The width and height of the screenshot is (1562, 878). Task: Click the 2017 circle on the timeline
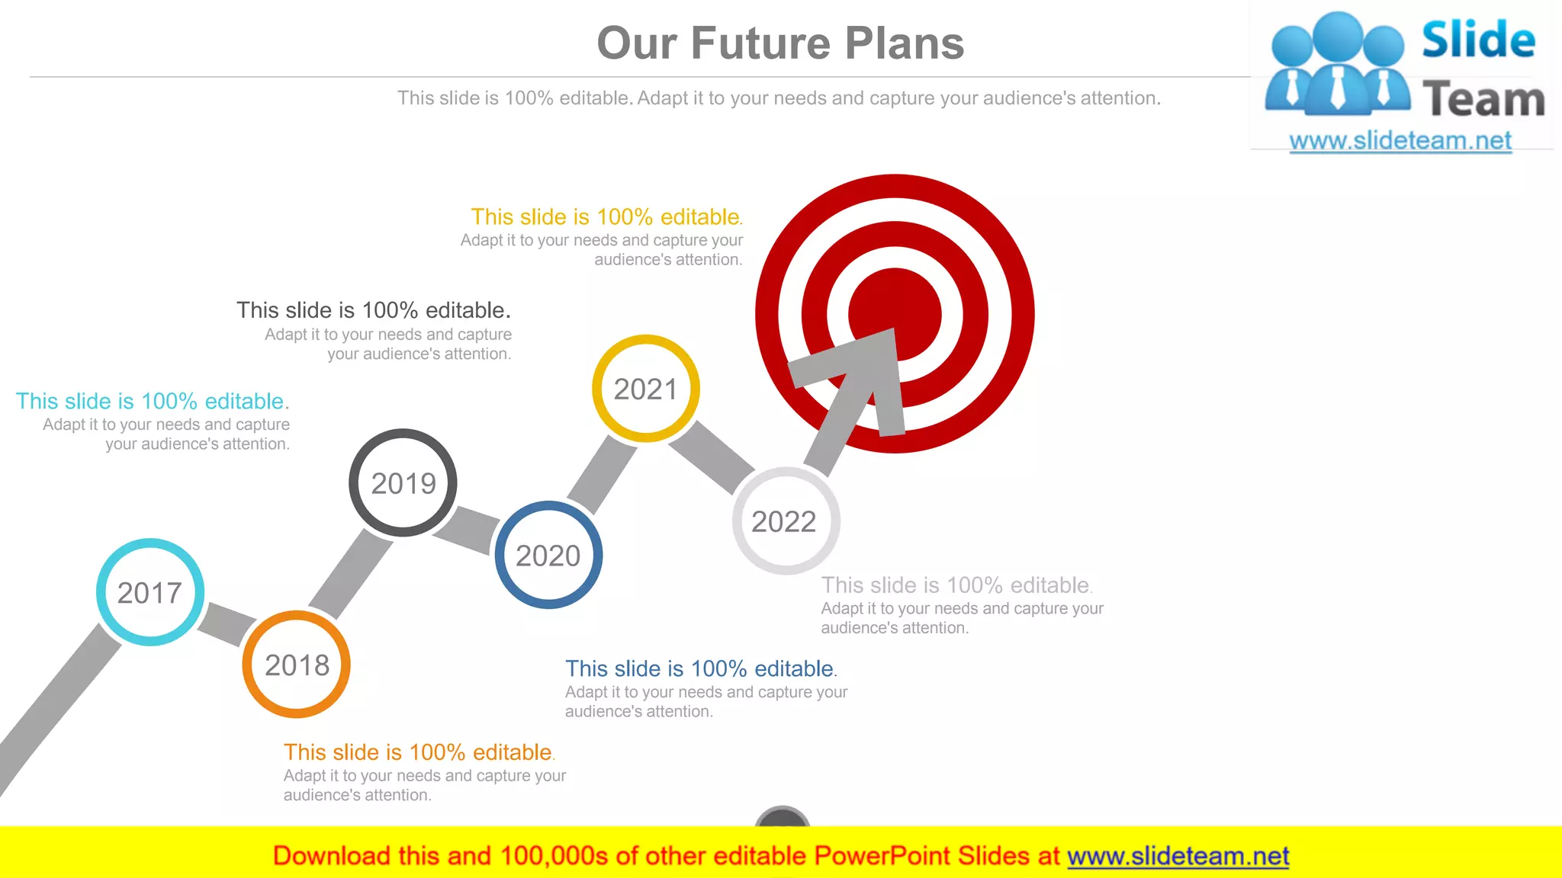pos(150,592)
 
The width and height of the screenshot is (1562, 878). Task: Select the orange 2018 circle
pos(297,665)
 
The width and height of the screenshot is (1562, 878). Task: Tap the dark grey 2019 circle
pos(403,482)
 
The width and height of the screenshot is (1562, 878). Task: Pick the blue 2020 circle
pos(548,555)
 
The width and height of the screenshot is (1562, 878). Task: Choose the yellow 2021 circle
pos(645,389)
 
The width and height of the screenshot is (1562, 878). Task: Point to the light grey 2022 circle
pos(786,521)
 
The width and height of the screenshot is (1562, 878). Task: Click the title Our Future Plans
pos(780,43)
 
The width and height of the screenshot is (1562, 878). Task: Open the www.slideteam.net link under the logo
pos(1400,140)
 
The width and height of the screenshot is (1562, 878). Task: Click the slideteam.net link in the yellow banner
pos(1178,856)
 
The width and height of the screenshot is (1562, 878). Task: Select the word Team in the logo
pos(1483,99)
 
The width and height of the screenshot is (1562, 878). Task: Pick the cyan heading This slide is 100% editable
pos(153,401)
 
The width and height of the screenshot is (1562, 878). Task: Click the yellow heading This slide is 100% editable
pos(606,216)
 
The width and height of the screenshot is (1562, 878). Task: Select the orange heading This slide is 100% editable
pos(419,752)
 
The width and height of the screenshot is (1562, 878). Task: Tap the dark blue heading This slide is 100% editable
pos(700,668)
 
